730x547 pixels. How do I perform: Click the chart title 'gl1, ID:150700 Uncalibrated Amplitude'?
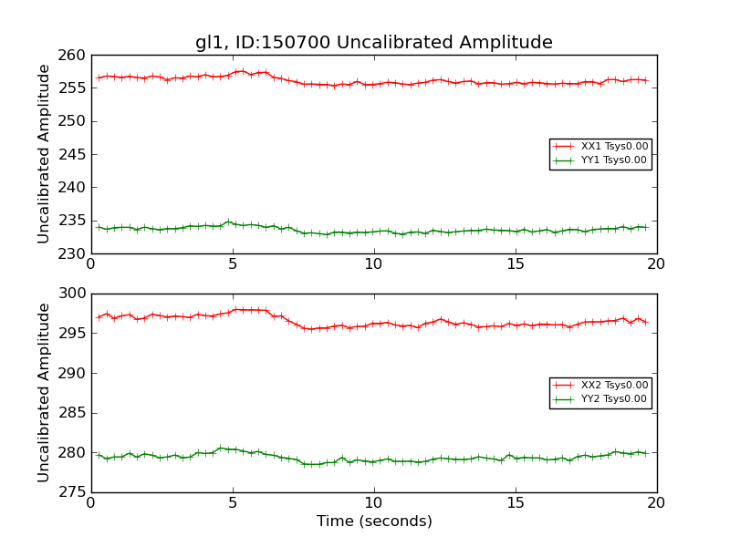point(374,43)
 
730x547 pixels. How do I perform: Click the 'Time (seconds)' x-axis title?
point(374,521)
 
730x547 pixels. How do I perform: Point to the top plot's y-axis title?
point(44,154)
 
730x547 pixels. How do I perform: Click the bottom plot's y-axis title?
point(44,393)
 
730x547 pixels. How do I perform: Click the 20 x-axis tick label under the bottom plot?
point(656,502)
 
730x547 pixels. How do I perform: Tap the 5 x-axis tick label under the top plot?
point(233,263)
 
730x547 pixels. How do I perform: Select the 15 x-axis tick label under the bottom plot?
point(516,502)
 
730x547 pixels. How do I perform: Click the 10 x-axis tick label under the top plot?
point(374,263)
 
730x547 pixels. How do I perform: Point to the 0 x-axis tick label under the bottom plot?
point(91,502)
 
